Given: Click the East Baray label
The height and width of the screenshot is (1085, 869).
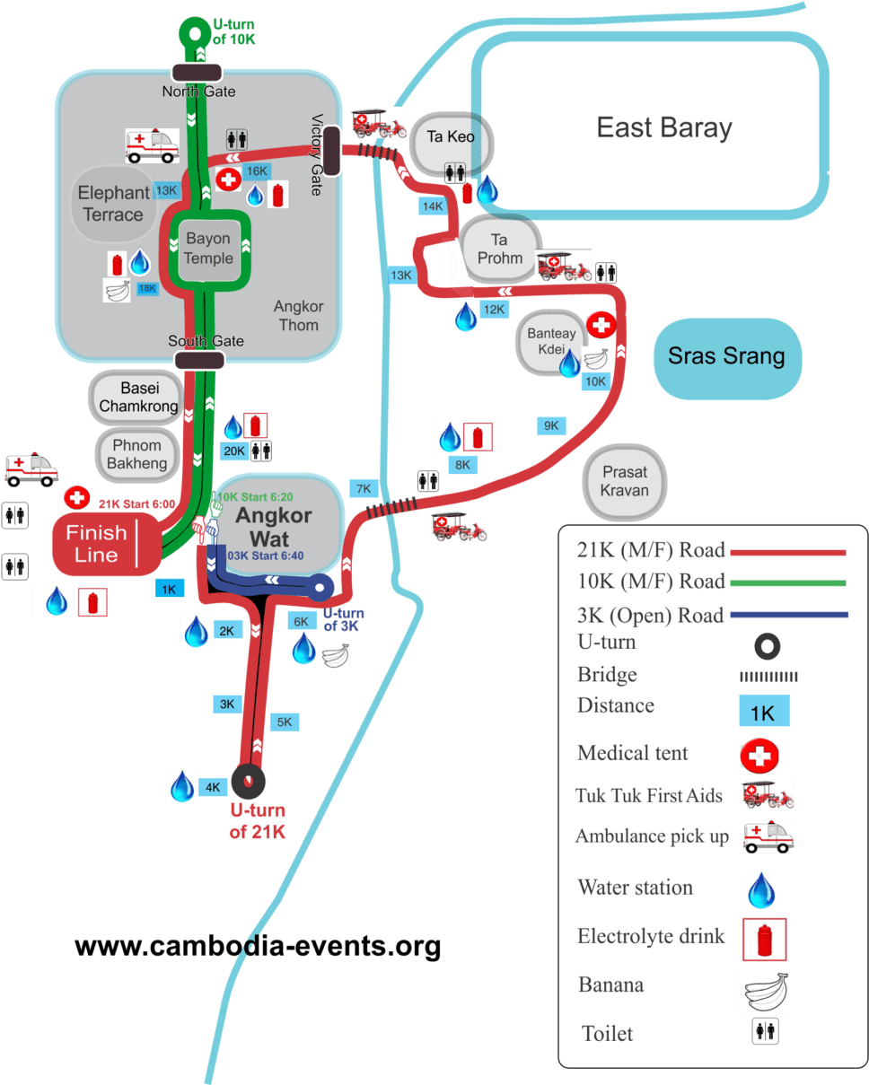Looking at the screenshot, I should click(x=664, y=127).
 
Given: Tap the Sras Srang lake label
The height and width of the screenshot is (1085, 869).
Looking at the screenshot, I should click(x=726, y=356).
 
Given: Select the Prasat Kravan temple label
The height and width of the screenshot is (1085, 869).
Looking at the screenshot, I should click(x=625, y=482).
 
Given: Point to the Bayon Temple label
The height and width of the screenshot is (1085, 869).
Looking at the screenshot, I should click(x=208, y=249).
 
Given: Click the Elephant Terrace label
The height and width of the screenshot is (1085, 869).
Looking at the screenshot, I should click(x=113, y=204).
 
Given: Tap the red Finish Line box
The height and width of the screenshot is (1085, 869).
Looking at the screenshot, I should click(x=98, y=544).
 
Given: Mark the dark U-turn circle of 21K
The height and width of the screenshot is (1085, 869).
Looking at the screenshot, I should click(x=249, y=781).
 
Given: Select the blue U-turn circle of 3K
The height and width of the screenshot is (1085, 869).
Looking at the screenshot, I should click(x=320, y=590).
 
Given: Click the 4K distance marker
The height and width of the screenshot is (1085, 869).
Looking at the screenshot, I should click(x=213, y=788).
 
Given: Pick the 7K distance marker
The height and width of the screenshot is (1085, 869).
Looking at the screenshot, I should click(x=364, y=489).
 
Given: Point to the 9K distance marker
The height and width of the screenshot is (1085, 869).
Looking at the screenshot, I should click(x=550, y=425).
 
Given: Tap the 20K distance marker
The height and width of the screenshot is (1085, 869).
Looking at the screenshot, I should click(x=234, y=451).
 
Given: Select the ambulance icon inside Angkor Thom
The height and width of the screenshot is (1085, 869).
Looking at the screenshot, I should click(x=152, y=145).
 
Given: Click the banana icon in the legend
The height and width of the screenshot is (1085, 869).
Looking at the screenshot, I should click(x=763, y=991).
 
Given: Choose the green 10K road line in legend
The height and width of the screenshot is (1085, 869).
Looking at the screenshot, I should click(x=789, y=583).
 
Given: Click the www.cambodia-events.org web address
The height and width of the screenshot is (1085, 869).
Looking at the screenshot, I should click(x=258, y=947).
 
